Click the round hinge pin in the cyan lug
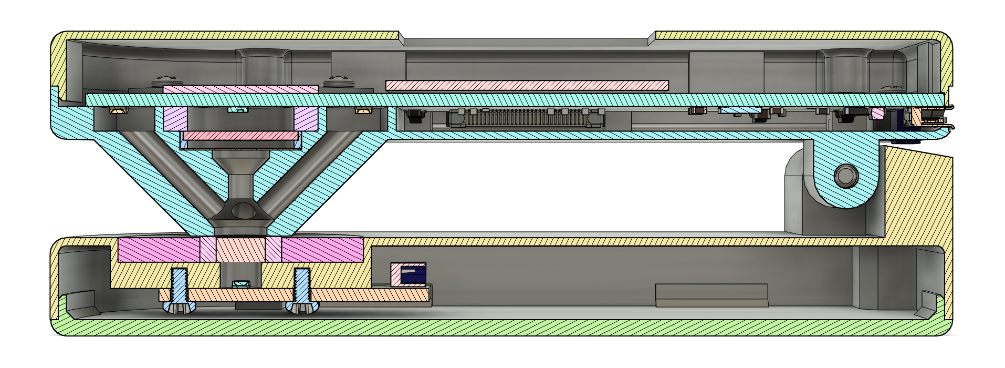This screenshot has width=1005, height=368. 846,176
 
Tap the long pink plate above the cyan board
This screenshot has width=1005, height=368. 527,85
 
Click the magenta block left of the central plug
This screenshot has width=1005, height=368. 159,250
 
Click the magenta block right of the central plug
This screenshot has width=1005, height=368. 322,250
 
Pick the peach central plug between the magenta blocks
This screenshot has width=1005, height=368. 241,250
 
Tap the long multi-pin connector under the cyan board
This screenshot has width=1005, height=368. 525,118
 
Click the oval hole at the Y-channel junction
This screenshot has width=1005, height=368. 242,211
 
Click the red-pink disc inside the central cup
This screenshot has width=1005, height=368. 240,136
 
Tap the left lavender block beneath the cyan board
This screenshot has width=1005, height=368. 175,119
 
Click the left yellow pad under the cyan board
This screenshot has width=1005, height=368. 118,110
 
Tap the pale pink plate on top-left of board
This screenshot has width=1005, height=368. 240,89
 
